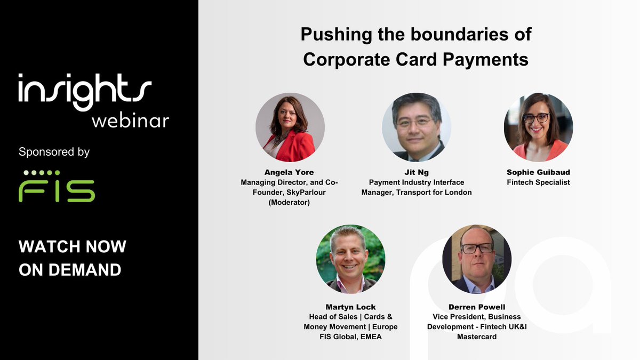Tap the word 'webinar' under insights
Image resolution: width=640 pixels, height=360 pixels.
point(130,120)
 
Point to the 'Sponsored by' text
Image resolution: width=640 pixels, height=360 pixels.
point(54,152)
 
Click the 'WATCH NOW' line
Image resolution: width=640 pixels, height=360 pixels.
point(73,246)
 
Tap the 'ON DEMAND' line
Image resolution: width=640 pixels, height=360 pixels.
point(70,269)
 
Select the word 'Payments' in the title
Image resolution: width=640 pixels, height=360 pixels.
point(493,59)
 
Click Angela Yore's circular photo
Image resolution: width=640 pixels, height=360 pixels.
point(290,127)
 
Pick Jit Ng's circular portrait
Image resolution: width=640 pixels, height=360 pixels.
point(417,127)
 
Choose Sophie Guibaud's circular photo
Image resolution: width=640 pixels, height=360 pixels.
point(538,127)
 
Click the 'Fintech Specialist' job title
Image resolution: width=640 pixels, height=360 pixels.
point(538,182)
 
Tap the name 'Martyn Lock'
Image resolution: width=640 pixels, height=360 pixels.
point(350,307)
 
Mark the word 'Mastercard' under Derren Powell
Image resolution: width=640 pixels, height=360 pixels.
point(477,337)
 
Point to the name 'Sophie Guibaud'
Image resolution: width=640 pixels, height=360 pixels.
point(538,173)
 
